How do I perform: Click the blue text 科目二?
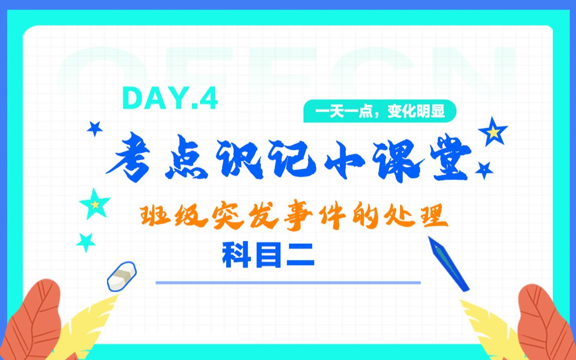[x=268, y=254]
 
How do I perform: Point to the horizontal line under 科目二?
[x=288, y=283]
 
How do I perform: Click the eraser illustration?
[x=122, y=276]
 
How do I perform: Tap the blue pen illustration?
[x=448, y=263]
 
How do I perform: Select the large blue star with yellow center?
[x=493, y=131]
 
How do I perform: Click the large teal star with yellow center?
[x=94, y=204]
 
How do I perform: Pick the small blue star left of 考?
[x=94, y=129]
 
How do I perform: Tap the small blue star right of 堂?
[x=484, y=170]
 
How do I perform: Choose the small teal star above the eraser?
[x=86, y=242]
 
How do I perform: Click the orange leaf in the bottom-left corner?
[x=32, y=322]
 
